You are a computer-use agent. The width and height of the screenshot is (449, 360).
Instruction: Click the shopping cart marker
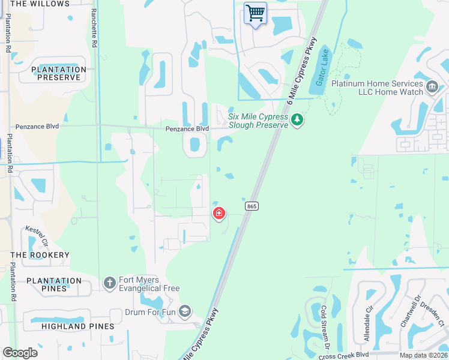(x=255, y=13)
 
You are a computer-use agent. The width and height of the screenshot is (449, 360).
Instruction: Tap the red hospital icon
(x=219, y=213)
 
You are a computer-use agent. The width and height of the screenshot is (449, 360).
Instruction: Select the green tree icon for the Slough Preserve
(x=297, y=121)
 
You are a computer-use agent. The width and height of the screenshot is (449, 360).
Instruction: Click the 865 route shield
(x=252, y=206)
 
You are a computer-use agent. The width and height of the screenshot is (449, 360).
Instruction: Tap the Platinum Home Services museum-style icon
(x=432, y=88)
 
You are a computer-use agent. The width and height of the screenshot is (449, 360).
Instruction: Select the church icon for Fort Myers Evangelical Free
(x=109, y=282)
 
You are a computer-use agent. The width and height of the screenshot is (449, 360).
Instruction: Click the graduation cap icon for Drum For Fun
(x=185, y=311)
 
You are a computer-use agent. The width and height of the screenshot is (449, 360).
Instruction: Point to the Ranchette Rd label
(x=94, y=28)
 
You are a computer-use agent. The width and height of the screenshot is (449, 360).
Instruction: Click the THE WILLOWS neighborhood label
(x=40, y=4)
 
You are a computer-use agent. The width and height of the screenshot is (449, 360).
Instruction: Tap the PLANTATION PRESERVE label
(x=59, y=73)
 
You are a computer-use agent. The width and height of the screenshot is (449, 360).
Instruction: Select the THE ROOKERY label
(x=40, y=255)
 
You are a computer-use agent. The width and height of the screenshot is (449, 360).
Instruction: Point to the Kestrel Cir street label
(x=35, y=236)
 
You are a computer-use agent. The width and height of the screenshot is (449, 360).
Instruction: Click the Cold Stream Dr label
(x=325, y=328)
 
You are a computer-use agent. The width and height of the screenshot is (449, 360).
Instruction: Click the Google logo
(x=20, y=353)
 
